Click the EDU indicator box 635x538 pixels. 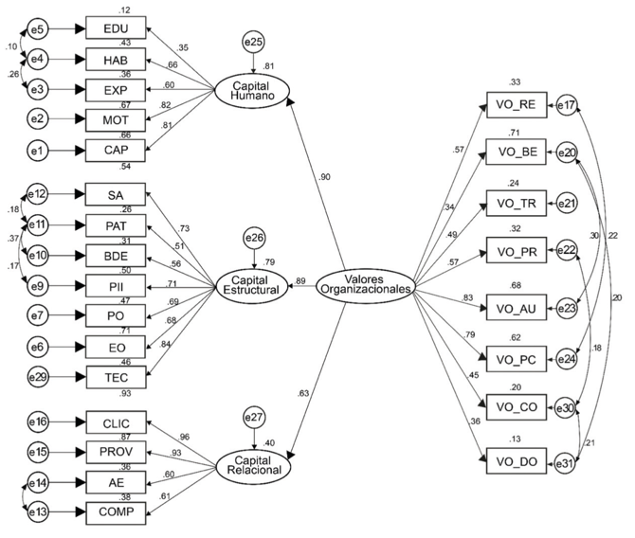[118, 29]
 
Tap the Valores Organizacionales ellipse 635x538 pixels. [365, 281]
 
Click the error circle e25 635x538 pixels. [254, 43]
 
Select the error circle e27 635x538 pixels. [254, 416]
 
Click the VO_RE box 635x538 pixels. [515, 105]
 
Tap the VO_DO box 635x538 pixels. [515, 461]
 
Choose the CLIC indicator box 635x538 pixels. [118, 421]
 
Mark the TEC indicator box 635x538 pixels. [118, 376]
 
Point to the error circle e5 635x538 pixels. [39, 29]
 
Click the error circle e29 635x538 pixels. [39, 376]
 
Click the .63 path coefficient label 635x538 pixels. [302, 393]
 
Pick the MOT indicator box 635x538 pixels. [118, 120]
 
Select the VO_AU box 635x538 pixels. [515, 308]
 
